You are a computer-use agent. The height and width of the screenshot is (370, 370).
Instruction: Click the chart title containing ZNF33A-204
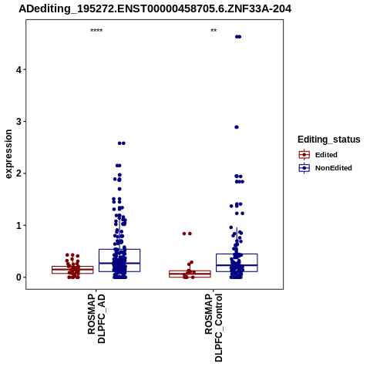click(x=155, y=9)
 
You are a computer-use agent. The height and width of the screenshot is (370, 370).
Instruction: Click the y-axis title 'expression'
click(x=8, y=154)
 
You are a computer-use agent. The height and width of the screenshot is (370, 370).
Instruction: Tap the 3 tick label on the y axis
click(x=18, y=122)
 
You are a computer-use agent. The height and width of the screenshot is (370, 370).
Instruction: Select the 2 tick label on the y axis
click(x=18, y=173)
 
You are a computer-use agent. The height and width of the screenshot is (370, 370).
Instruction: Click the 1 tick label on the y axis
click(x=18, y=226)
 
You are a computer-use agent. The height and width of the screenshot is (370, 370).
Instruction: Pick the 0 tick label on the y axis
click(x=18, y=277)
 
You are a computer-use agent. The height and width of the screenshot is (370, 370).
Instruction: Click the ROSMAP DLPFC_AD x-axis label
click(x=96, y=318)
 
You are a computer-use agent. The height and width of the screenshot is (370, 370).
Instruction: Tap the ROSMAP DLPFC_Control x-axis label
click(x=214, y=328)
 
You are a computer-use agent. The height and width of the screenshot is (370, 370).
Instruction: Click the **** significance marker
click(x=96, y=31)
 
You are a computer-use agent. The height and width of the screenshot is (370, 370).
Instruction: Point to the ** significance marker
click(x=214, y=31)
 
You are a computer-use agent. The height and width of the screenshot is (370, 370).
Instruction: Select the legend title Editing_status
click(x=329, y=140)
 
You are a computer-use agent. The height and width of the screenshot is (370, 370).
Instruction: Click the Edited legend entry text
click(x=326, y=155)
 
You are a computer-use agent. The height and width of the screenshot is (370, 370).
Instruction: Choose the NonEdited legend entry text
click(x=334, y=168)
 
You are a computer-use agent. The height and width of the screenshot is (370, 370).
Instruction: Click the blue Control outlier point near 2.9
click(x=237, y=127)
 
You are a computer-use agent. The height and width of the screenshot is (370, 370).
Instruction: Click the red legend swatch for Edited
click(x=304, y=155)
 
